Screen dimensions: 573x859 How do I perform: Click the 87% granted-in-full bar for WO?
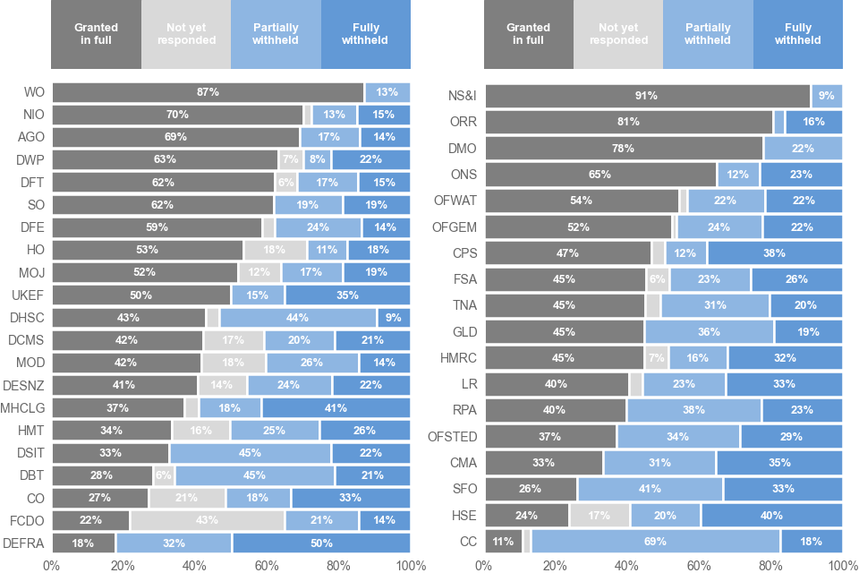208,92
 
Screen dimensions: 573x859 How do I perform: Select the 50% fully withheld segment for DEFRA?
321,543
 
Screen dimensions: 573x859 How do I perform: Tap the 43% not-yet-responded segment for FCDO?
207,520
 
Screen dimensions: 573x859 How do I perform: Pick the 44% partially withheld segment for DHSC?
298,318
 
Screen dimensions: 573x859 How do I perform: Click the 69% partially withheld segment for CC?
655,541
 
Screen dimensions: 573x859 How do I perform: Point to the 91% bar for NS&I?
646,96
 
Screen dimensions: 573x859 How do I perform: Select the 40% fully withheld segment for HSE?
771,515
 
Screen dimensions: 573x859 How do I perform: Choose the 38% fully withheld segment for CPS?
774,252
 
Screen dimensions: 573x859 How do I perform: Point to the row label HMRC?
458,357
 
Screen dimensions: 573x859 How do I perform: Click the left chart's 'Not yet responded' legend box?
186,34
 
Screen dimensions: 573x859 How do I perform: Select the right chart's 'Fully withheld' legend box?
797,34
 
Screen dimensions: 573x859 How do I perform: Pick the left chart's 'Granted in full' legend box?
96,34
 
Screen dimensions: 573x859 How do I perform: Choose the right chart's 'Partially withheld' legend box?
708,34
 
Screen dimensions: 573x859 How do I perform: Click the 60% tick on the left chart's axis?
267,565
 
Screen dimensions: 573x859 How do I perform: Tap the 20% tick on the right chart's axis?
556,565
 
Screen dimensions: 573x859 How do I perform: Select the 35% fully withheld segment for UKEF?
347,295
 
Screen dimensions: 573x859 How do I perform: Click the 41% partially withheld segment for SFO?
651,489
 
